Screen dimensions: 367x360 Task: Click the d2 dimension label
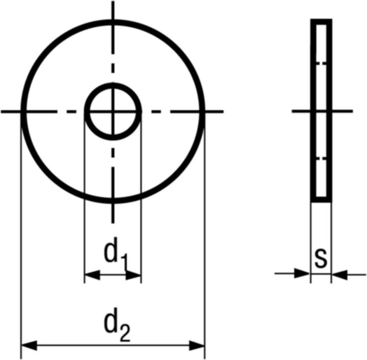point(117,324)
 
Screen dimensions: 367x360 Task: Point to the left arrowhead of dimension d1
point(92,275)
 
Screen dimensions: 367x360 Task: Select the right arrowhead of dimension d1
point(134,275)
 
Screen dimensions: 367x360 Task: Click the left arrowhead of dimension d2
point(29,346)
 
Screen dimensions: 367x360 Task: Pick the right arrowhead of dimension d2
point(197,346)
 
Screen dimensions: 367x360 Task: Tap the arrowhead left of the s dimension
point(302,273)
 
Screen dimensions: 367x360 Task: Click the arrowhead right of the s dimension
point(339,274)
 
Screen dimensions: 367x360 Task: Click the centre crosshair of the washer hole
point(113,112)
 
